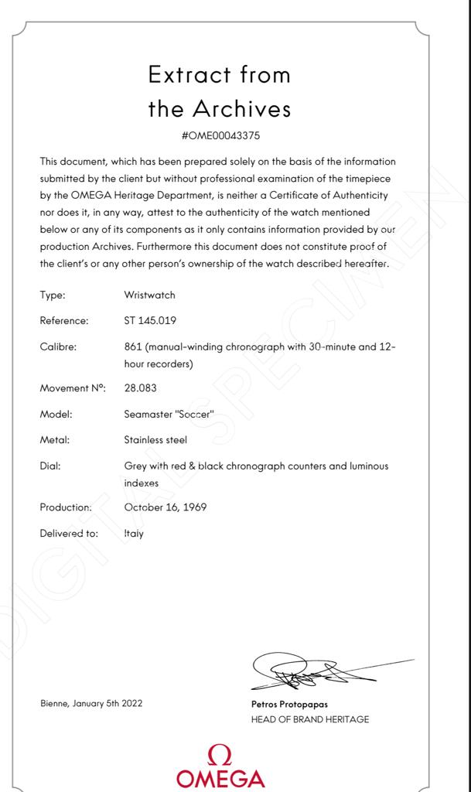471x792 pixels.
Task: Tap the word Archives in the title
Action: [x=241, y=109]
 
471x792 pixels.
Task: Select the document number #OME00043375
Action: [x=220, y=135]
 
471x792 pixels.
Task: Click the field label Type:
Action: [x=53, y=295]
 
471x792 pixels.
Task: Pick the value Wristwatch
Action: [x=149, y=295]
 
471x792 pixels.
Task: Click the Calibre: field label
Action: [x=58, y=346]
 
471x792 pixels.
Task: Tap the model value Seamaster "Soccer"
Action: [x=169, y=414]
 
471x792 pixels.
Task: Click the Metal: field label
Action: [x=55, y=440]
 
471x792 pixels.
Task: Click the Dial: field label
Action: [x=50, y=466]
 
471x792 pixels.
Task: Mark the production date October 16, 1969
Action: [x=165, y=507]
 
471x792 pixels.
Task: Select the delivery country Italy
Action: [x=134, y=534]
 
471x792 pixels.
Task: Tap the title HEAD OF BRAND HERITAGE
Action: [x=309, y=719]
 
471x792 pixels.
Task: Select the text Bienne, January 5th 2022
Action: [x=91, y=703]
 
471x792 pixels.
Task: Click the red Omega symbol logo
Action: [x=220, y=754]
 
